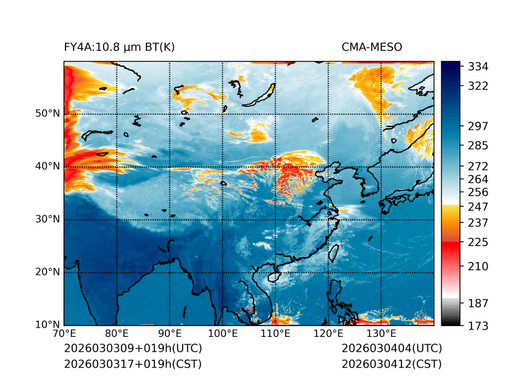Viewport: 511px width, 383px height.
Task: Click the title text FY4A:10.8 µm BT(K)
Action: [x=119, y=47]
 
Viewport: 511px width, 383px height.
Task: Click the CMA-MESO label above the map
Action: [x=372, y=47]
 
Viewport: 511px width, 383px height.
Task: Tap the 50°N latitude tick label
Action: [x=47, y=114]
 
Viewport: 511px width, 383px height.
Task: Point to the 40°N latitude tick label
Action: [x=47, y=166]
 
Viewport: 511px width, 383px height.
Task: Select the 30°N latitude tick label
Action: [x=47, y=219]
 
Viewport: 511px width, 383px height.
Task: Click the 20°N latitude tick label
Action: [x=47, y=272]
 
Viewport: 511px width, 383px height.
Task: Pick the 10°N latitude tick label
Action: [x=47, y=325]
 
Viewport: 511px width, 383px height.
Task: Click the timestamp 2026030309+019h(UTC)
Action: [x=132, y=349]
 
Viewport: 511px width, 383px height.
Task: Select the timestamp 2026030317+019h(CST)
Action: [x=132, y=364]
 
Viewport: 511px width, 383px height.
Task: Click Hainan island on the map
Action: [x=273, y=276]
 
